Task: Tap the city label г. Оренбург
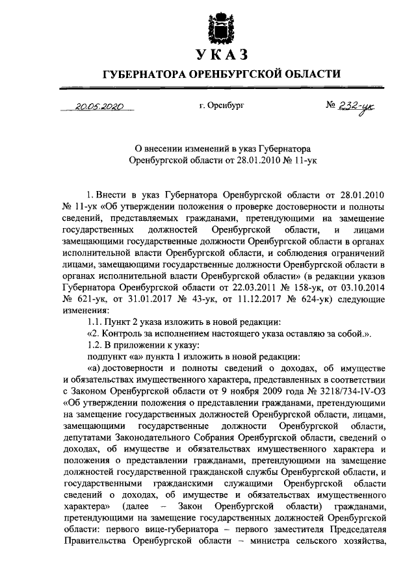222,104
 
